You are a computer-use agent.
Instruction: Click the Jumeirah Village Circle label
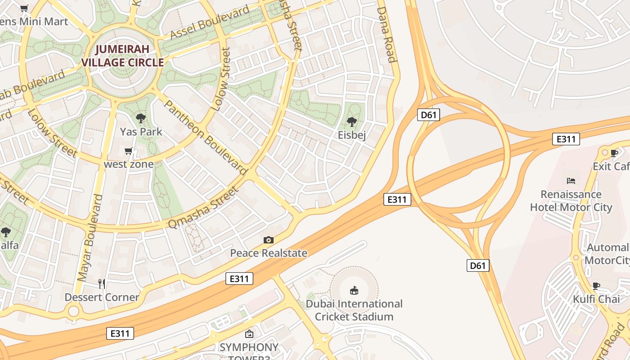[123, 55]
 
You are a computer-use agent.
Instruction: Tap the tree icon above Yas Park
[140, 118]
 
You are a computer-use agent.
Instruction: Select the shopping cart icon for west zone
[129, 151]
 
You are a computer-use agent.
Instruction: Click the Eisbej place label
[352, 135]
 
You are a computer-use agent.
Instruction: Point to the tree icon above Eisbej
[352, 121]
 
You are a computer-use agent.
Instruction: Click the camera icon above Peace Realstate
[269, 240]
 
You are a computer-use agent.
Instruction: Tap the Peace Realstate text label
[269, 253]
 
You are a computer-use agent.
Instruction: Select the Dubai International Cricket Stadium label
[354, 310]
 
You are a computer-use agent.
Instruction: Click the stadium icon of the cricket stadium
[354, 290]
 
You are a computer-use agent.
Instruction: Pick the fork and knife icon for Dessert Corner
[102, 283]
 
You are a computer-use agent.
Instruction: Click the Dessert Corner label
[102, 297]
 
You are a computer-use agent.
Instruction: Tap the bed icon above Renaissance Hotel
[571, 181]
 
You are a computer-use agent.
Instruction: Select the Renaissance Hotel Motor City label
[571, 201]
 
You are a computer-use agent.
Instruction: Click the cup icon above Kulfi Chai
[596, 286]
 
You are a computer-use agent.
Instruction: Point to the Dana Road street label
[386, 34]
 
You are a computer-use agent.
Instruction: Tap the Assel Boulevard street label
[210, 23]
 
